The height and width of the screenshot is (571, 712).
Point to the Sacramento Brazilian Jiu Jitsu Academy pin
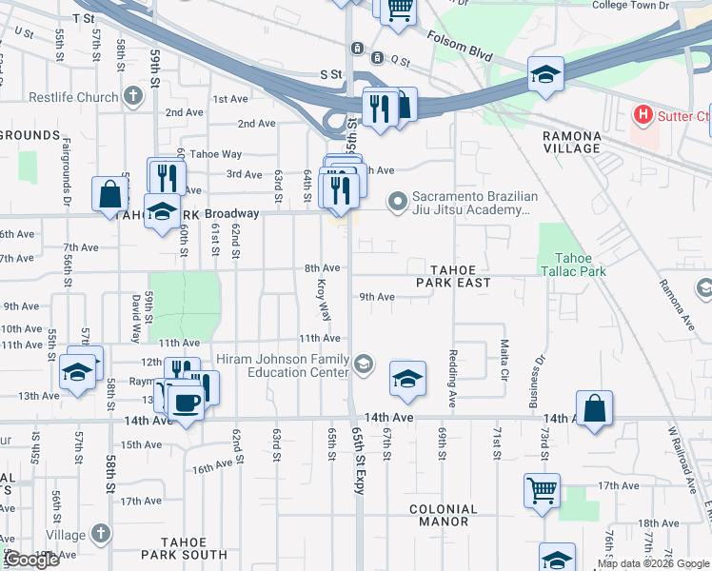point(397,202)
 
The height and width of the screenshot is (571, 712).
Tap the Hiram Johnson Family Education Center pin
point(364,364)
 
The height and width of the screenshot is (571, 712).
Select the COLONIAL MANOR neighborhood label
point(443,515)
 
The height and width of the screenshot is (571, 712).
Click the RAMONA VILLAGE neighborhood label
point(571,142)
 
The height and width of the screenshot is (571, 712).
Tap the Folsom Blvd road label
point(460,48)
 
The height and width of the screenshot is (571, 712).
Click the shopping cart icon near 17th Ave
point(542,490)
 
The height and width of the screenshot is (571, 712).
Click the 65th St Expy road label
point(359,447)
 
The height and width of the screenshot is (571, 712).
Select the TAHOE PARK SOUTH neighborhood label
point(184,554)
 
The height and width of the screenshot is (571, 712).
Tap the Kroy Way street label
point(324,299)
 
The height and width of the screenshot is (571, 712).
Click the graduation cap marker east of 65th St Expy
point(406,380)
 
